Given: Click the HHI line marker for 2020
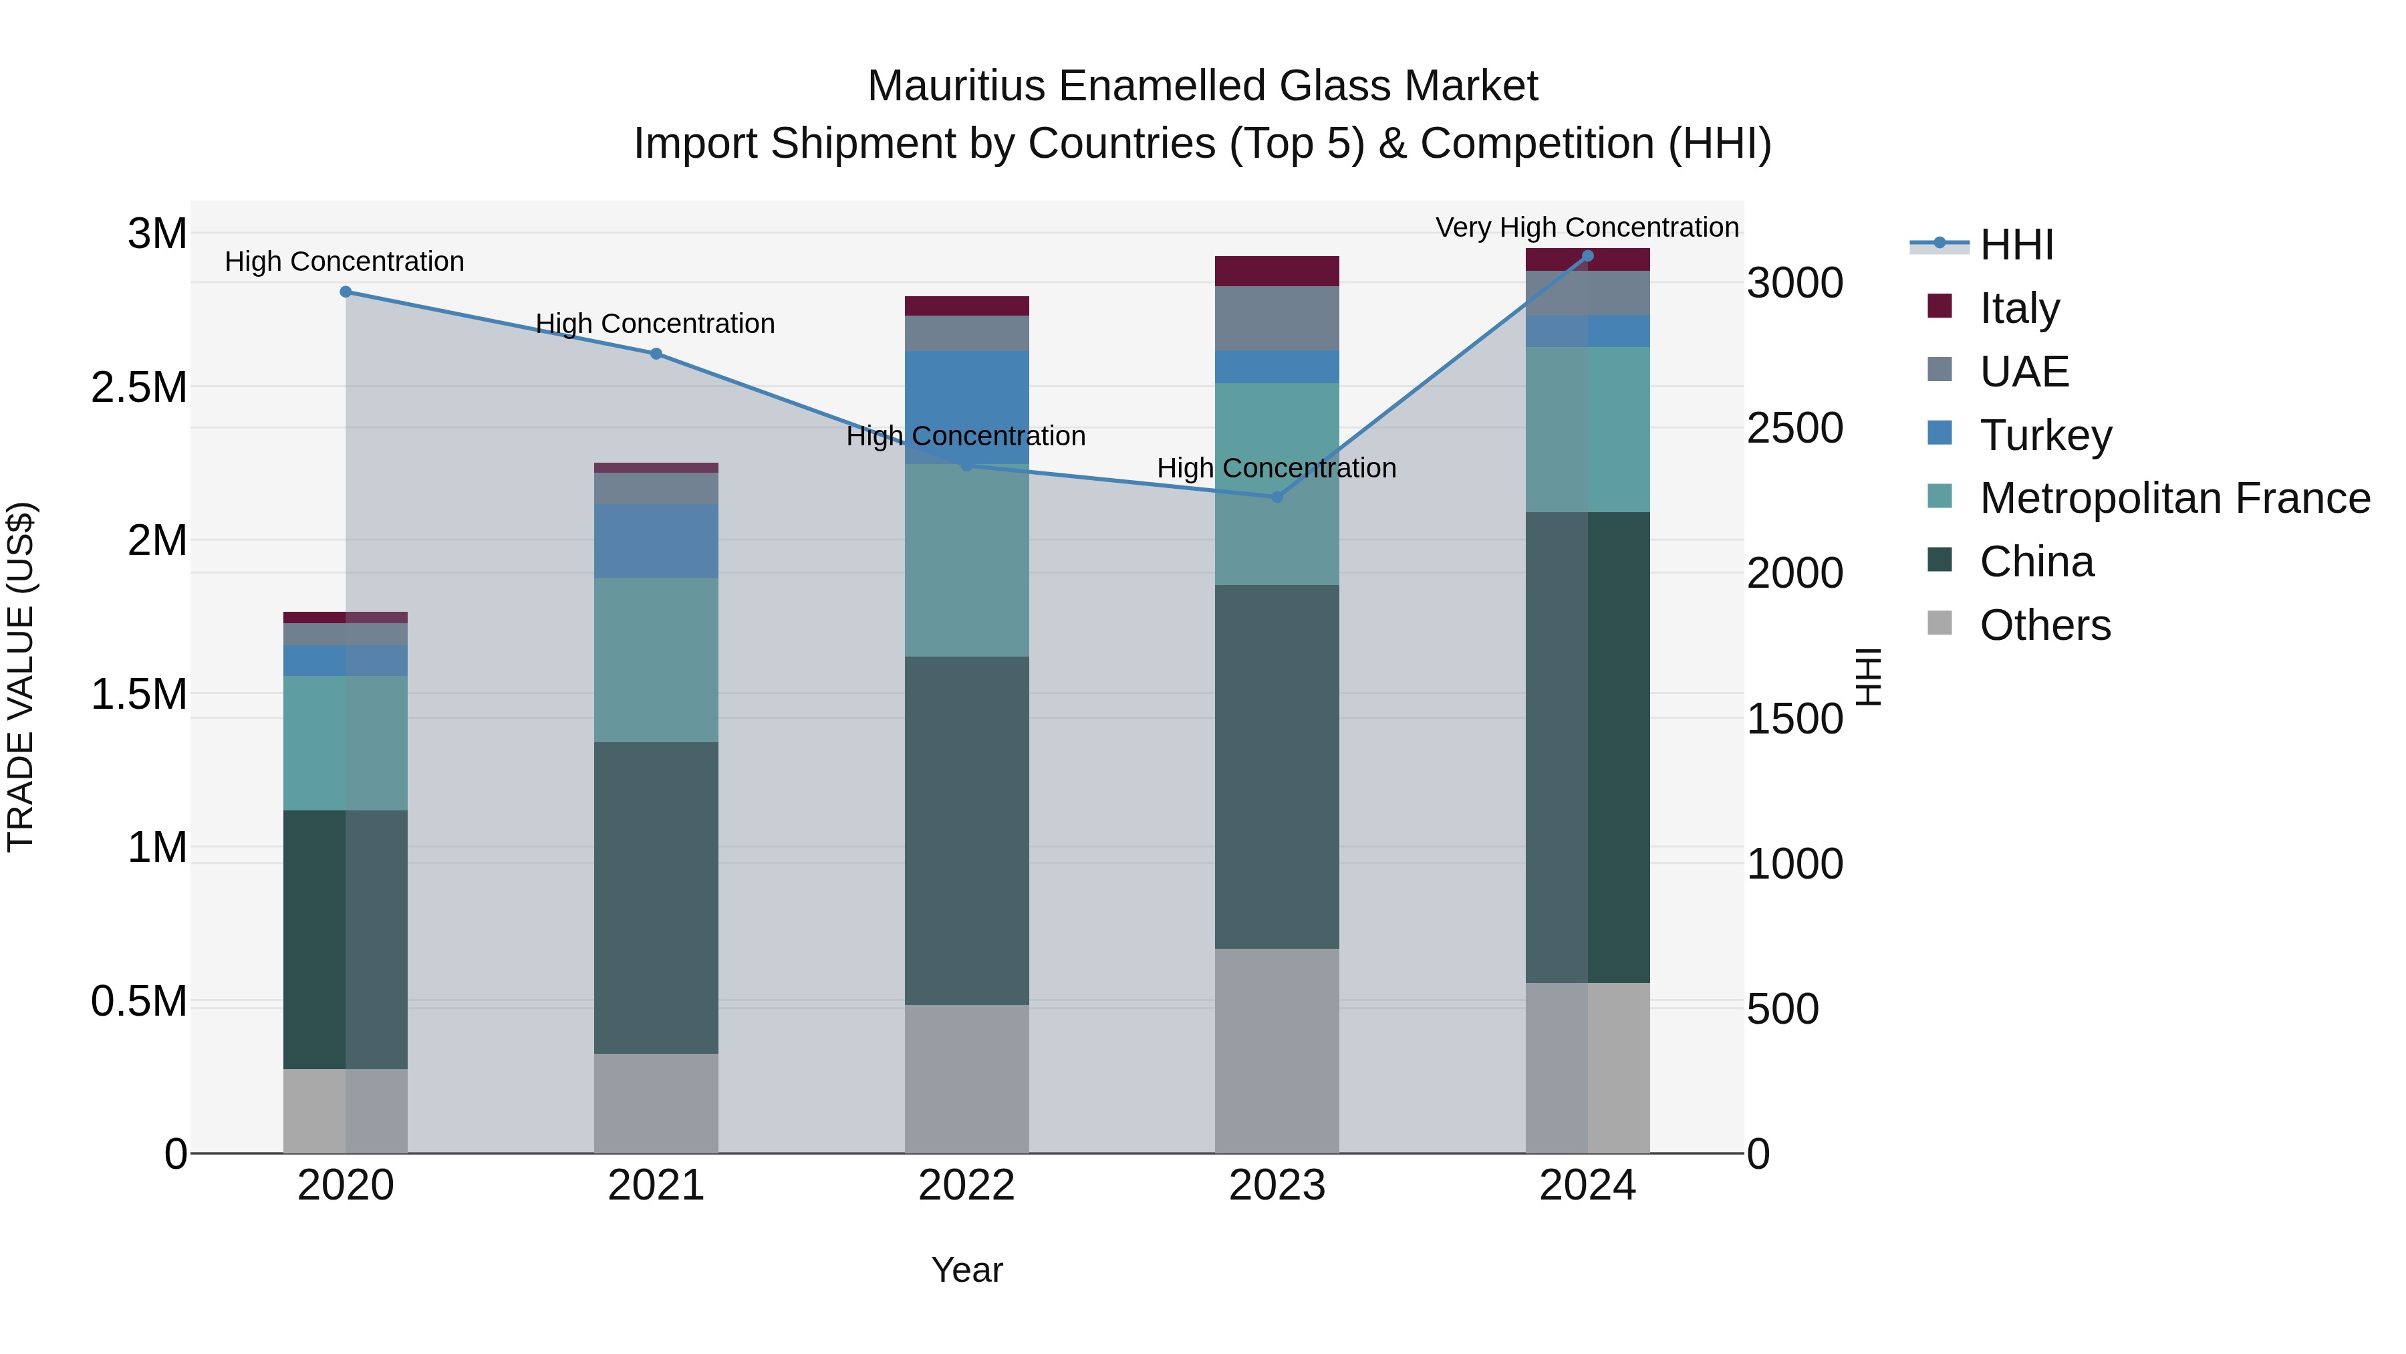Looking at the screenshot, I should (x=346, y=292).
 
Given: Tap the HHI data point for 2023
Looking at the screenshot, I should (x=1277, y=497).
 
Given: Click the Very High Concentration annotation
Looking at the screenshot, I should (x=1586, y=227).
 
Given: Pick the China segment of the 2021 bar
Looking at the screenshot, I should (x=656, y=897).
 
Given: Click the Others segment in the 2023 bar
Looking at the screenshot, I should (x=1277, y=1050).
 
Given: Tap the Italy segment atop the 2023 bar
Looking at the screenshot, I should (x=1277, y=271).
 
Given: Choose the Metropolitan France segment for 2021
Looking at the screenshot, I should (x=656, y=660).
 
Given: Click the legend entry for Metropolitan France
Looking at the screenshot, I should (x=2173, y=498).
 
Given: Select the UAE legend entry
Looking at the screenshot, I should (x=2023, y=371).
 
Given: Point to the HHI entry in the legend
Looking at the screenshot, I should (x=2016, y=245).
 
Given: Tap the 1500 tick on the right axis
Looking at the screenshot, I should (x=1794, y=719).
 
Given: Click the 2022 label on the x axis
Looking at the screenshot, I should (x=966, y=1186).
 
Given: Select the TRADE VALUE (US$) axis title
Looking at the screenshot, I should (x=21, y=677).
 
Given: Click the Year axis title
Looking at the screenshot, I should (x=966, y=1270).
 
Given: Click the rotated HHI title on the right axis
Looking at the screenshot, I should (x=1868, y=677).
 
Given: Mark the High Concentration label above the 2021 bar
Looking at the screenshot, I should (x=655, y=324).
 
